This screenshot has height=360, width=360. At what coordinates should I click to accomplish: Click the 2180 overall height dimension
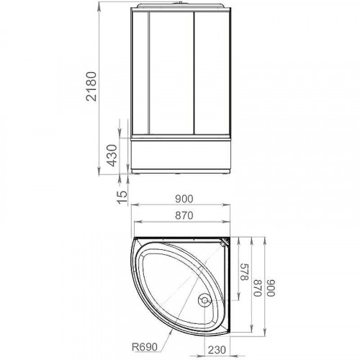click(x=92, y=86)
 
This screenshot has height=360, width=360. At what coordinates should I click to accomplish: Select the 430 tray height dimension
click(x=112, y=156)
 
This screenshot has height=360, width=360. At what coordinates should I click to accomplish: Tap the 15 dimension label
click(x=122, y=197)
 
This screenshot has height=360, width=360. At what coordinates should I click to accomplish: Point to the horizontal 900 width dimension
click(x=184, y=199)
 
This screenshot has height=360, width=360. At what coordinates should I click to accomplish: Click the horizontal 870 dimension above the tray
click(x=184, y=215)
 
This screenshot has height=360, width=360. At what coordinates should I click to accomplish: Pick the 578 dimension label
click(x=244, y=272)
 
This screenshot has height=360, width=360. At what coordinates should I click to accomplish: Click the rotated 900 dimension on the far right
click(x=271, y=288)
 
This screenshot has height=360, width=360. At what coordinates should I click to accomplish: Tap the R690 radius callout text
click(x=145, y=346)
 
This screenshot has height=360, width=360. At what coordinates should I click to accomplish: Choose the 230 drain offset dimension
click(x=217, y=350)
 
